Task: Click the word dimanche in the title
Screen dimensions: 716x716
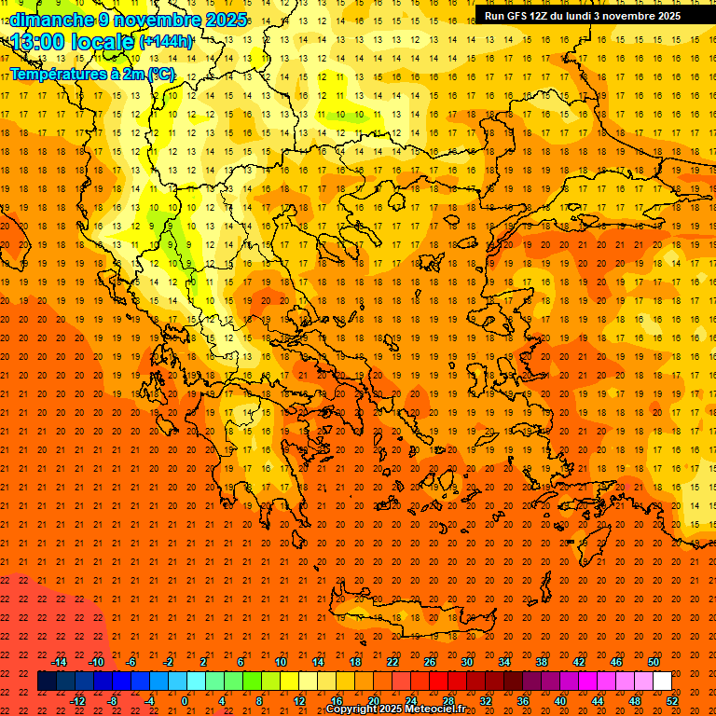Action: pos(51,20)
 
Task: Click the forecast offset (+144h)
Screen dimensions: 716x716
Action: pos(166,42)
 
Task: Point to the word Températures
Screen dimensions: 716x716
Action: pos(51,74)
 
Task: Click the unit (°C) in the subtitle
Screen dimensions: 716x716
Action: pos(159,74)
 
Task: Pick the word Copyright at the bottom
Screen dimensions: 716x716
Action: pos(353,709)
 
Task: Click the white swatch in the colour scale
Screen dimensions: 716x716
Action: pos(662,682)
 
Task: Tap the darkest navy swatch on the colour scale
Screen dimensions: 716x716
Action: pos(47,682)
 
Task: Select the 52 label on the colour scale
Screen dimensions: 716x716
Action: pos(672,701)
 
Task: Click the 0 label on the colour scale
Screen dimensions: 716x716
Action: pos(186,701)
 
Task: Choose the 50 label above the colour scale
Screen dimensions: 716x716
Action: pos(653,662)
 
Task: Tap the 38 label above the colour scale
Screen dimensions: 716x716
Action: pos(541,662)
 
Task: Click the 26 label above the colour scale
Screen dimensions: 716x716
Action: pos(429,662)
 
